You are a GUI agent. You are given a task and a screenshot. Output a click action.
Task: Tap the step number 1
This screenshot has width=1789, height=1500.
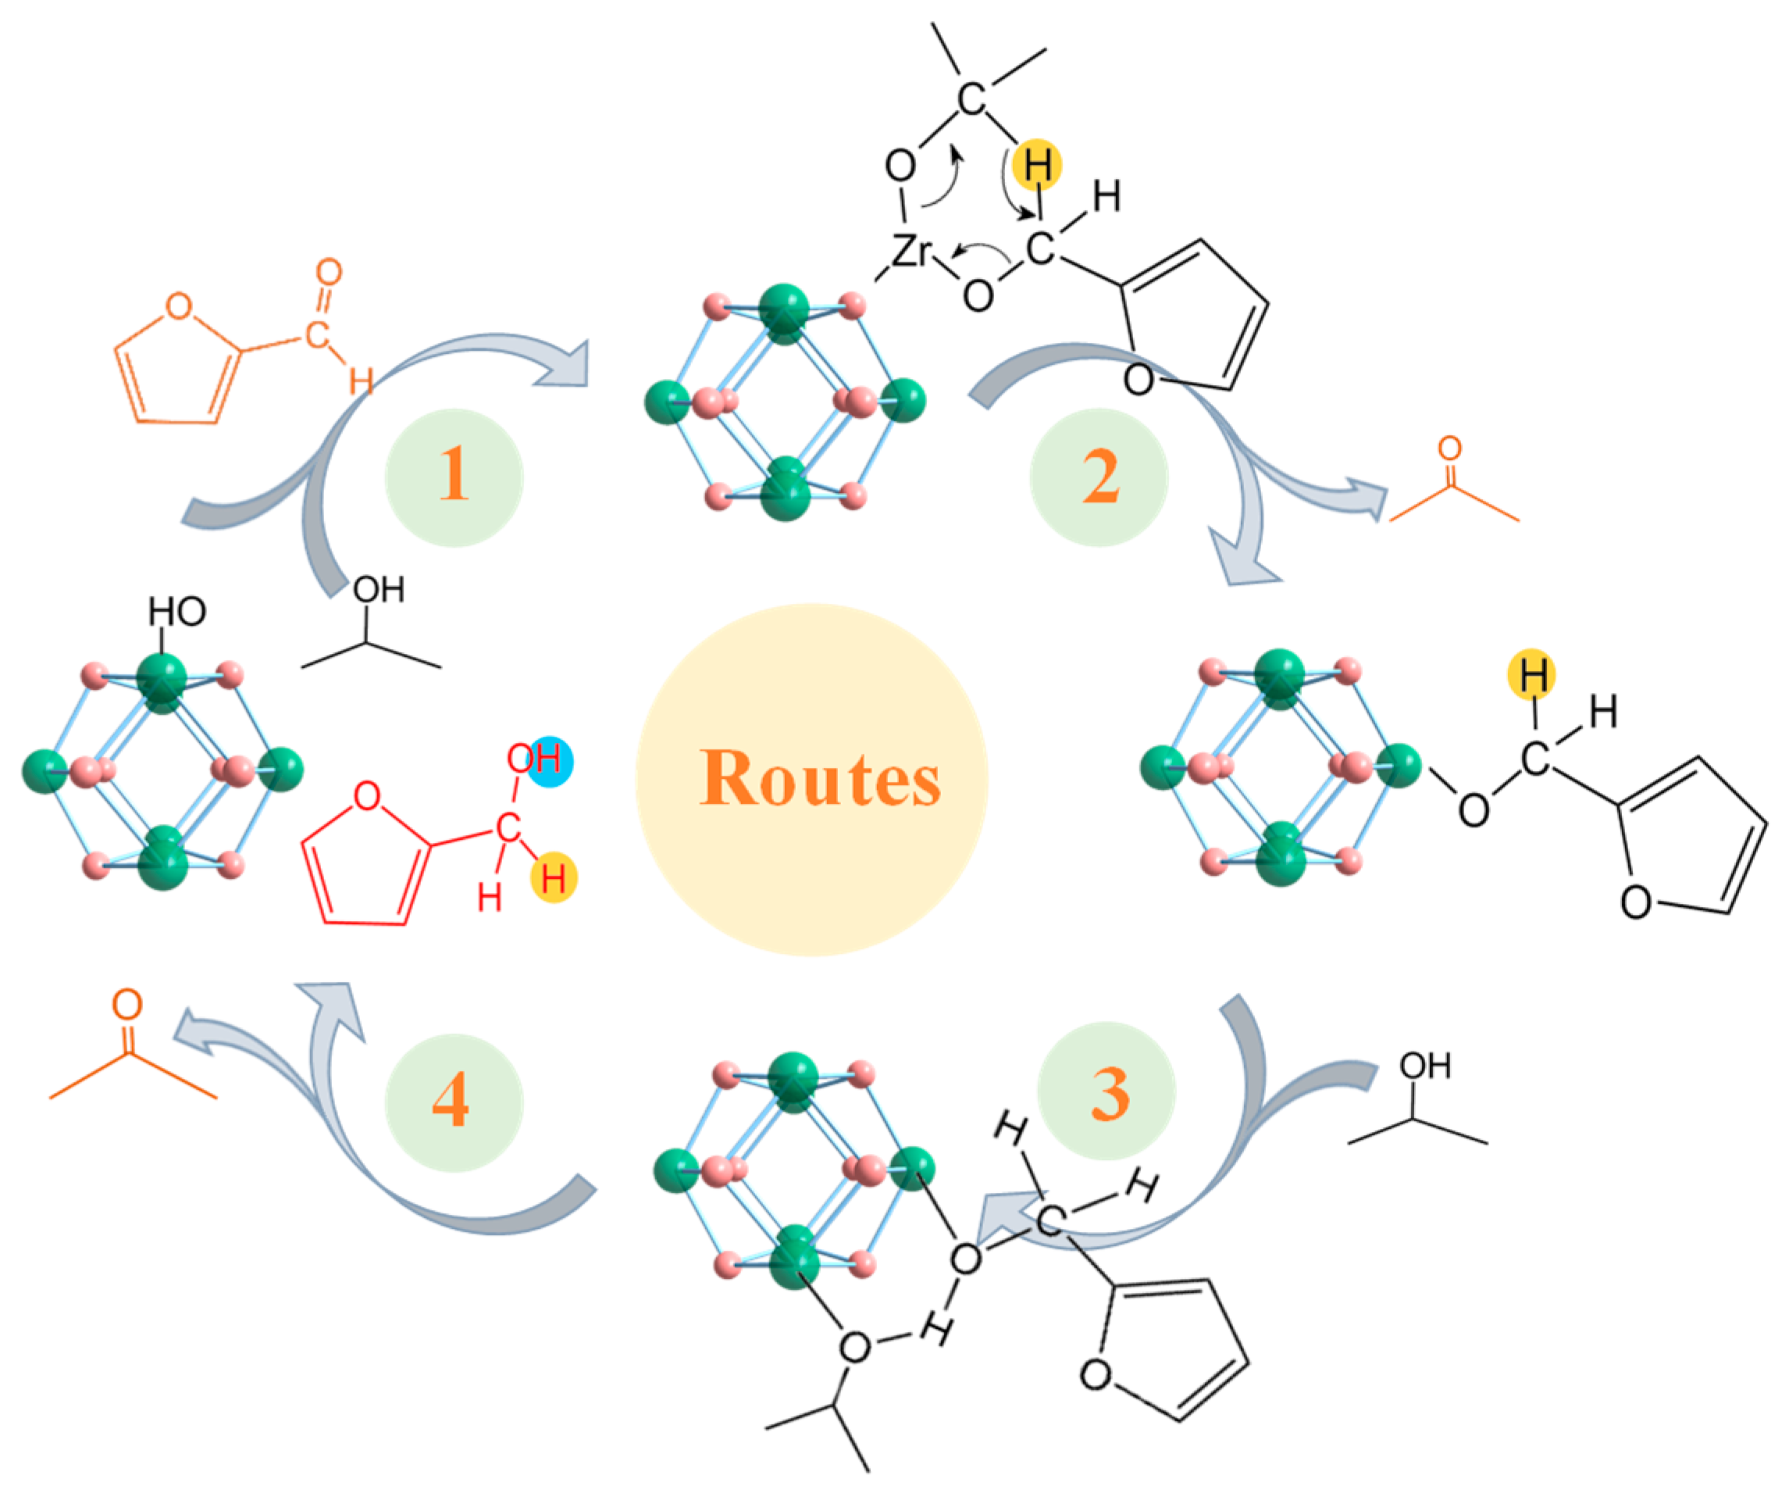point(453,474)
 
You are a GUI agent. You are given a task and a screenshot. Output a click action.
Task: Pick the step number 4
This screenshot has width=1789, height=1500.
point(451,1099)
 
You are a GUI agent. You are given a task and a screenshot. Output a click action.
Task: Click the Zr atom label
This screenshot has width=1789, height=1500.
point(911,251)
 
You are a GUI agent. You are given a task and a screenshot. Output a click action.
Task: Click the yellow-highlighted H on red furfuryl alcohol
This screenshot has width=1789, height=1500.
point(553,878)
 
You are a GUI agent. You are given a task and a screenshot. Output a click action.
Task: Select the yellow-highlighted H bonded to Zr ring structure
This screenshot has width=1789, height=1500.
point(1038,163)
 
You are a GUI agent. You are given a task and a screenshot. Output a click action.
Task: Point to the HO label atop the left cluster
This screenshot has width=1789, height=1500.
point(177,611)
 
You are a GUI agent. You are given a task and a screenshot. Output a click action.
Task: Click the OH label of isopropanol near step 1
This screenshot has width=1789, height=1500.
point(378,589)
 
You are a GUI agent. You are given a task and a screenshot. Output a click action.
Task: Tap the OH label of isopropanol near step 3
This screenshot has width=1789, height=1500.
point(1425,1066)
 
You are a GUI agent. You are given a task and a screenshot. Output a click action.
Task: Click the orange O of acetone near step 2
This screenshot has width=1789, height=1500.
point(1450,448)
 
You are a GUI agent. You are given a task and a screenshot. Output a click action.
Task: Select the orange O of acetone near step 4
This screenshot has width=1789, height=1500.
point(127,1005)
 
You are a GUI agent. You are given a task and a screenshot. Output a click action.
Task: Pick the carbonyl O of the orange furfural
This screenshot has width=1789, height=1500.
point(329,272)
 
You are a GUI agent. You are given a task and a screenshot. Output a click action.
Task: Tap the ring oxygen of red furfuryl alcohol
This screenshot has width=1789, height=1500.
point(366,795)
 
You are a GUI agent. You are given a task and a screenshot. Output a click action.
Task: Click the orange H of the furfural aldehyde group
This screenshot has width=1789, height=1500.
point(362,381)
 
